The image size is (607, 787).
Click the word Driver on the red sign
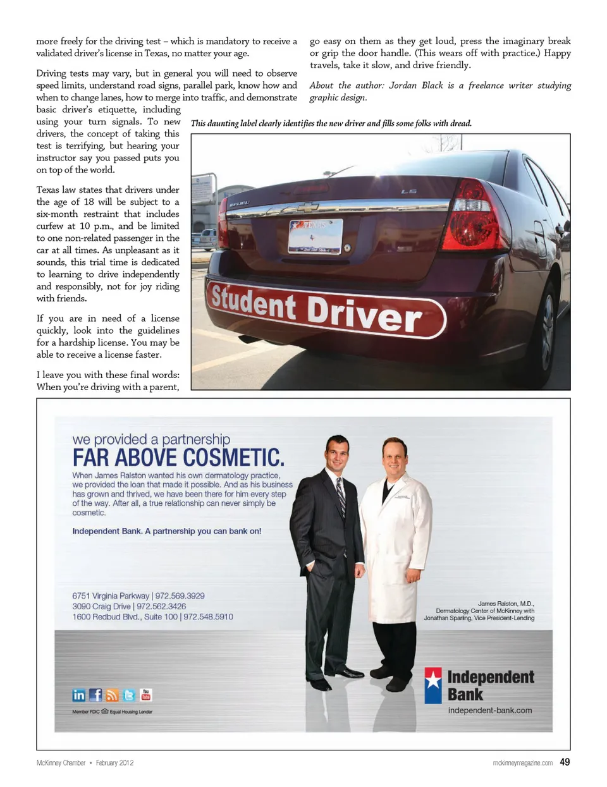(364, 312)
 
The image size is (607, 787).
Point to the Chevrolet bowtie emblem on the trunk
(307, 207)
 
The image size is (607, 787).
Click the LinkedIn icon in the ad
(79, 695)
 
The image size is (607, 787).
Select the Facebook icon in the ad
(95, 695)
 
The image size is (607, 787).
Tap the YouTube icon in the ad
(146, 695)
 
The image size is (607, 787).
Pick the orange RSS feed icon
(112, 695)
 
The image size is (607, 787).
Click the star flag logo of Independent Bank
(433, 685)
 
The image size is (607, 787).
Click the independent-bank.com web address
(490, 711)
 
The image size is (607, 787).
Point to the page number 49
(565, 762)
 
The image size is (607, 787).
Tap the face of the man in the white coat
(394, 456)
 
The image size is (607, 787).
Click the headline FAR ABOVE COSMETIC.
(178, 457)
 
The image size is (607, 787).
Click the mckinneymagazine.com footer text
(522, 763)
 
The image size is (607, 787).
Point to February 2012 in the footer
(114, 763)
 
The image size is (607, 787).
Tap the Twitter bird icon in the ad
(129, 695)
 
